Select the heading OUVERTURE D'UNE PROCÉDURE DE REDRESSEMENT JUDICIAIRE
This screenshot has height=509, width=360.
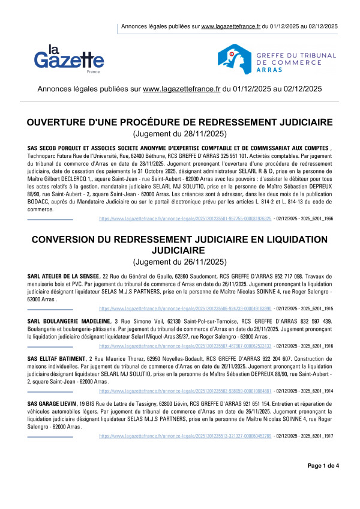pos(180,123)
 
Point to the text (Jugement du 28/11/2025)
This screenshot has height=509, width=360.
pos(180,134)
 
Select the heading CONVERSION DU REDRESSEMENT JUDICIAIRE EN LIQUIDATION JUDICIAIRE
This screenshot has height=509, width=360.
pos(180,244)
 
